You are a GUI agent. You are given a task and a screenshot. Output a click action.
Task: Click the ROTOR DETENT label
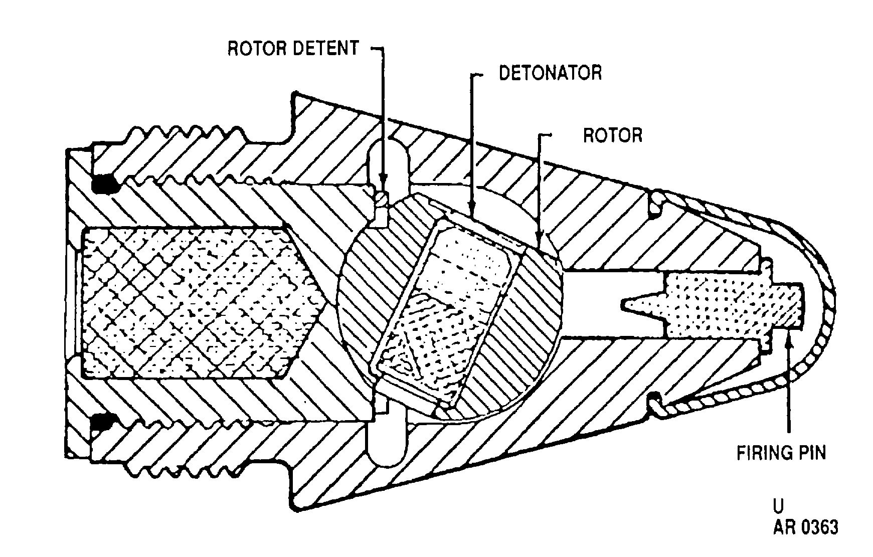(x=293, y=48)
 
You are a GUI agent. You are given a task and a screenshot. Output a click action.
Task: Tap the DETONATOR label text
(x=550, y=73)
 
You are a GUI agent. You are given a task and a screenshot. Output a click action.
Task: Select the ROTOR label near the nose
(x=612, y=135)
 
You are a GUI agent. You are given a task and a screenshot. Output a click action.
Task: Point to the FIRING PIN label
(x=781, y=453)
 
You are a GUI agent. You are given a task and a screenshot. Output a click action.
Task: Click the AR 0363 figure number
(x=805, y=528)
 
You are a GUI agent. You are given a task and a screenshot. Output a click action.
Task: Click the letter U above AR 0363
(x=778, y=505)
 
